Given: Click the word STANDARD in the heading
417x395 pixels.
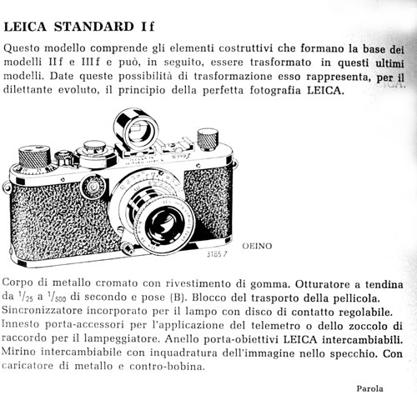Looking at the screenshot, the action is point(94,27).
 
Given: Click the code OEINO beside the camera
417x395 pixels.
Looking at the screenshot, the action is point(257,246).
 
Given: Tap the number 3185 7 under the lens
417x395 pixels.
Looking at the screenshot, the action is point(217,254).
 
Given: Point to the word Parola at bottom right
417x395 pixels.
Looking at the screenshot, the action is point(369,388).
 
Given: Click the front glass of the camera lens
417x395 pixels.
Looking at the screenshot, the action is point(164,224).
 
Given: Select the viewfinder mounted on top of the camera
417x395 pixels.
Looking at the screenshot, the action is point(135,131).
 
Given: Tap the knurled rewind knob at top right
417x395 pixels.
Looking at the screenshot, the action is point(208,139).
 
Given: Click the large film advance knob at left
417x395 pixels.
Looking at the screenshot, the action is point(34,158).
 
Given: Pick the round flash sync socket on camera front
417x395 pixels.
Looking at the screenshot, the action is point(93,187).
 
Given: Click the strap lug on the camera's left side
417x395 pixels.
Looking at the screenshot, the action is point(6,186).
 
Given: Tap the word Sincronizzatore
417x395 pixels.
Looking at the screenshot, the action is point(43,310).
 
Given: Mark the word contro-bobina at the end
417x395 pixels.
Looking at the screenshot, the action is point(167,367).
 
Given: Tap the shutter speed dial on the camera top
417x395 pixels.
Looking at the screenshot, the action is point(95,153).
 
